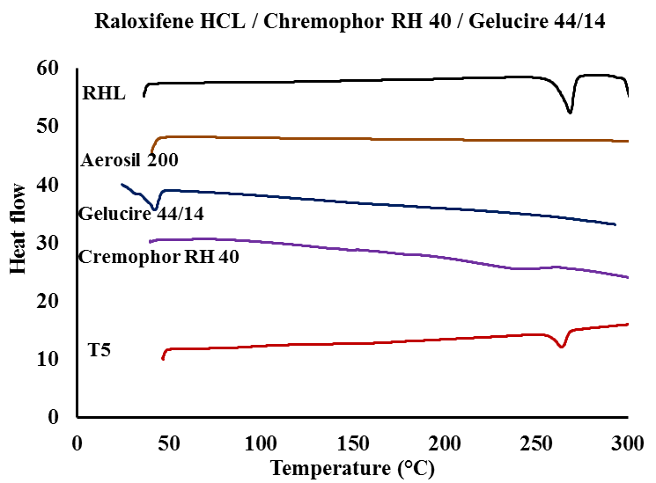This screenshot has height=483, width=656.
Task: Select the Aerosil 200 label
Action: click(x=129, y=160)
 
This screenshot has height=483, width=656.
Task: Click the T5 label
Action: click(x=100, y=351)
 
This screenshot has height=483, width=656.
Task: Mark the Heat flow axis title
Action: click(x=18, y=229)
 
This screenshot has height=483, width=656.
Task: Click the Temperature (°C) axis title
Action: click(x=352, y=466)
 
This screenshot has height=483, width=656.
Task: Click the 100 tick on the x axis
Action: click(x=261, y=441)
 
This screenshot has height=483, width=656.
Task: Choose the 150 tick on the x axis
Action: click(x=352, y=441)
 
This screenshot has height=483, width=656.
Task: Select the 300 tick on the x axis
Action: click(x=627, y=441)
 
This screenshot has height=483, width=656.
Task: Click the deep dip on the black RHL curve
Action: click(x=570, y=112)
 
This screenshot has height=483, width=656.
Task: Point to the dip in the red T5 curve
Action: click(x=562, y=347)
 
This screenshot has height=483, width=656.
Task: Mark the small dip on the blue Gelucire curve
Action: click(x=156, y=209)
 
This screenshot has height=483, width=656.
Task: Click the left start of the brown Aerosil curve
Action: click(x=151, y=152)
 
